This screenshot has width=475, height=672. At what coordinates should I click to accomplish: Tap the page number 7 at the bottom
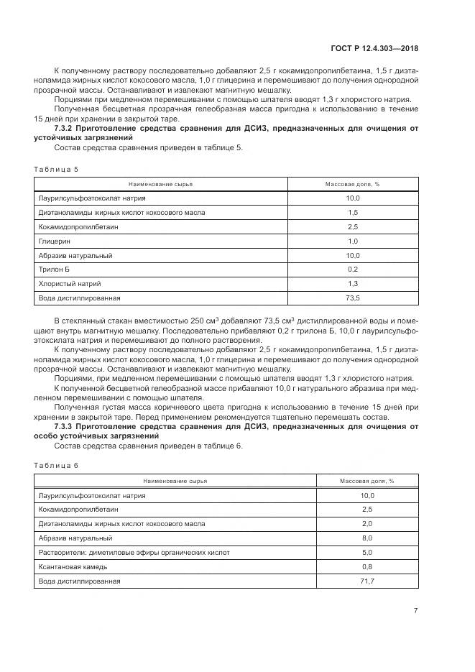pyautogui.click(x=415, y=611)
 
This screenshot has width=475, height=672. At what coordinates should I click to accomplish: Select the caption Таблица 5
pyautogui.click(x=55, y=168)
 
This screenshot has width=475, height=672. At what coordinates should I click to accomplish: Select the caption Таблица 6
pyautogui.click(x=55, y=465)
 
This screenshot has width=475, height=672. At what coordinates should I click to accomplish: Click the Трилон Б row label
pyautogui.click(x=54, y=269)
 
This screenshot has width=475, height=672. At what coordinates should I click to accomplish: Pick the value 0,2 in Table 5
pyautogui.click(x=352, y=269)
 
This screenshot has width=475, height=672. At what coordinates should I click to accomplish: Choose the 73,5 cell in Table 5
pyautogui.click(x=352, y=297)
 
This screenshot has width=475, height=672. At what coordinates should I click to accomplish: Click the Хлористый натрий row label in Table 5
pyautogui.click(x=66, y=283)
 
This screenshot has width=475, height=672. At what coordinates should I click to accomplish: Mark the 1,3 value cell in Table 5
pyautogui.click(x=352, y=283)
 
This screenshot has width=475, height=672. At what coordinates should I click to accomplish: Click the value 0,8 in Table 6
pyautogui.click(x=367, y=566)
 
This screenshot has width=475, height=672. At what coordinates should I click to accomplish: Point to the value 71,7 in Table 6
pyautogui.click(x=367, y=580)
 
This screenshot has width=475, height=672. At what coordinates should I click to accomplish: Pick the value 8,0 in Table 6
pyautogui.click(x=367, y=538)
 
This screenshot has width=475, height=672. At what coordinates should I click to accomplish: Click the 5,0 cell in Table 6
pyautogui.click(x=367, y=552)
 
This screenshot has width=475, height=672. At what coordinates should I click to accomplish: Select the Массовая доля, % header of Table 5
pyautogui.click(x=352, y=184)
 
